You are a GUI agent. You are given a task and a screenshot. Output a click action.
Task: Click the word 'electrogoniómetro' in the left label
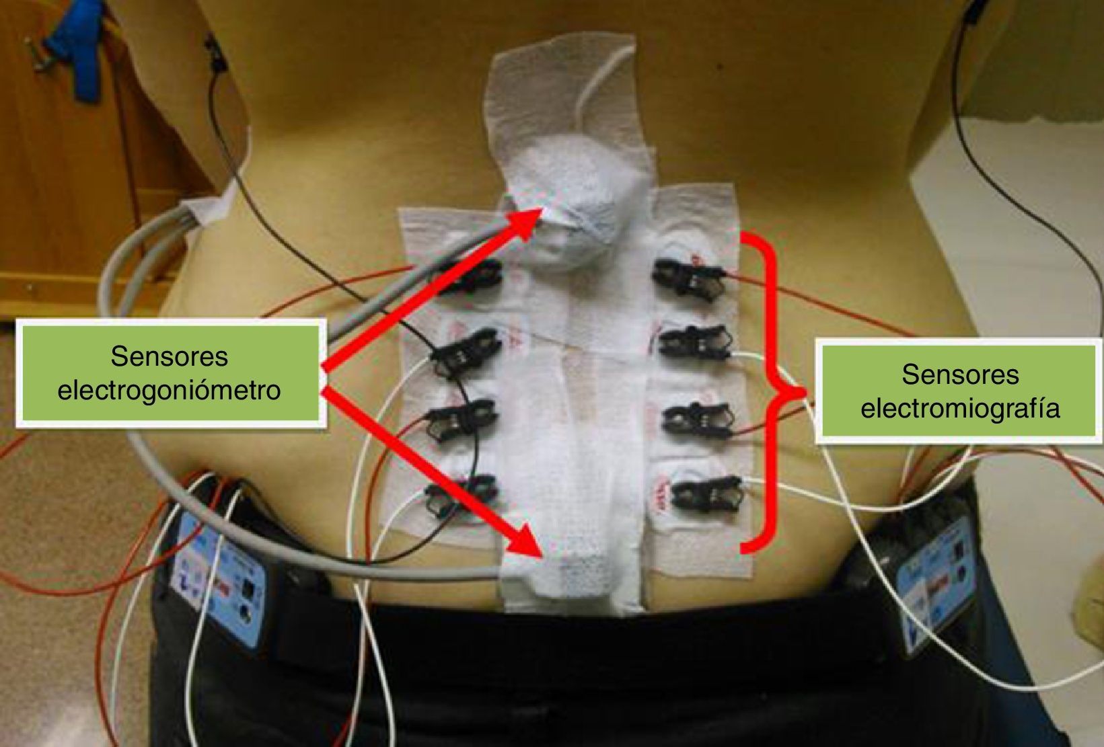click(169, 390)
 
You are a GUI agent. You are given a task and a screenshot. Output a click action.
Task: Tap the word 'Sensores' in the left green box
click(169, 356)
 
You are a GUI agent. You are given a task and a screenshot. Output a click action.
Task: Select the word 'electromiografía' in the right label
click(959, 408)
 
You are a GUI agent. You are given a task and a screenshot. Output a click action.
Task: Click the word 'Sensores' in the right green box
click(959, 374)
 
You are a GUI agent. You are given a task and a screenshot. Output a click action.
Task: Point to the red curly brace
click(774, 393)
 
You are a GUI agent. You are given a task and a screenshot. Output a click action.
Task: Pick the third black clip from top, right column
click(696, 420)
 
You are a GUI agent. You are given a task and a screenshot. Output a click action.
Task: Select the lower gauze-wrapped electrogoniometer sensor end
click(579, 572)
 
